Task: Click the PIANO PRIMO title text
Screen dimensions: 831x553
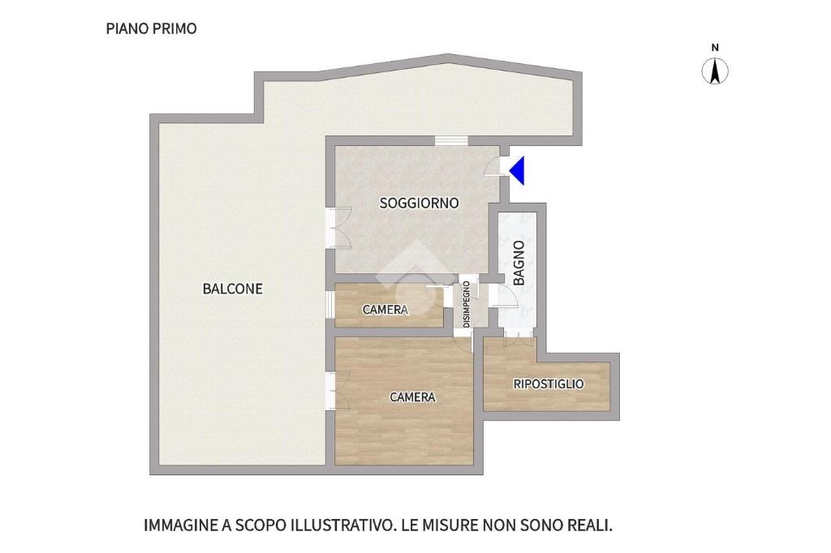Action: tap(151, 28)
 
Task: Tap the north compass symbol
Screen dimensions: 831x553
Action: tap(715, 71)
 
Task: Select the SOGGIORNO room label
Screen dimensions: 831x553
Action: tap(419, 203)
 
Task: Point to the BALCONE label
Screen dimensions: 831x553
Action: tap(233, 289)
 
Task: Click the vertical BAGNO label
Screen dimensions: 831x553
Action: tap(519, 263)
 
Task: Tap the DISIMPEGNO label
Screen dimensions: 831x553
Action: tap(467, 304)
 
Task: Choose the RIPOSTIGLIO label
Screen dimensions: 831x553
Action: tap(549, 384)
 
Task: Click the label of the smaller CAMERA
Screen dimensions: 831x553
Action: tap(385, 310)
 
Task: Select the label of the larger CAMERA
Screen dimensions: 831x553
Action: tap(412, 397)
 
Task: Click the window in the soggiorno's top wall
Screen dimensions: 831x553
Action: tap(451, 141)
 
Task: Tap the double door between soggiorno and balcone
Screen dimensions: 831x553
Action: tap(338, 228)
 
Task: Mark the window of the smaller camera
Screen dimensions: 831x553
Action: tap(329, 305)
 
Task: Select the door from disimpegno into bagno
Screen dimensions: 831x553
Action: tap(503, 296)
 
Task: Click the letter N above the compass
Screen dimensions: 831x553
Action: tap(715, 48)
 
